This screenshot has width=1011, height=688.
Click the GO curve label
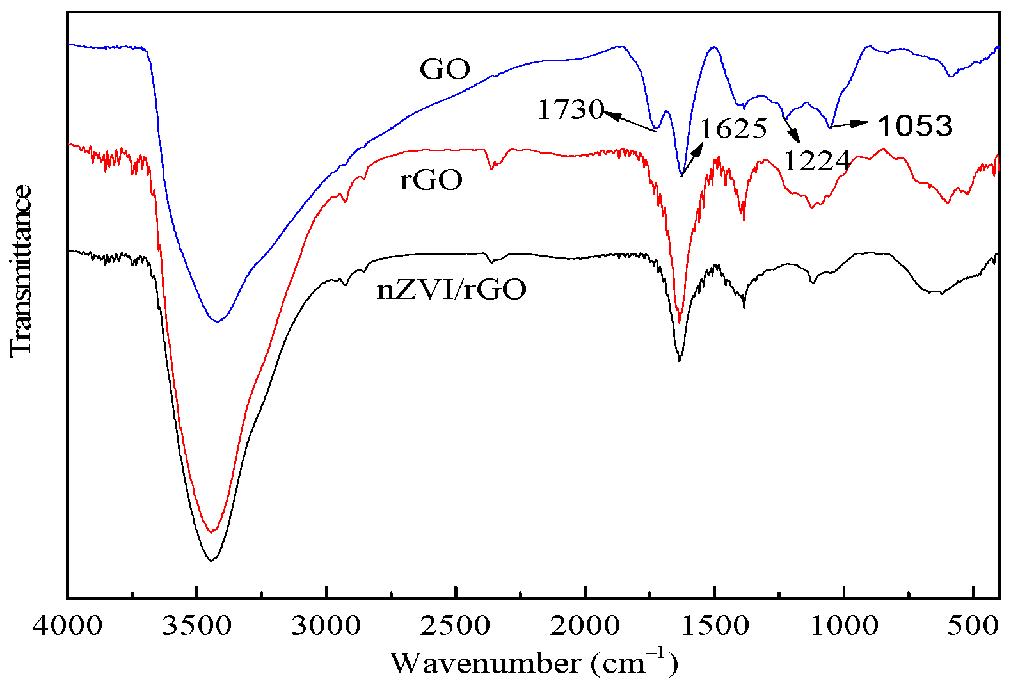[x=445, y=69]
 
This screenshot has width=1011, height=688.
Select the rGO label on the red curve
[x=431, y=180]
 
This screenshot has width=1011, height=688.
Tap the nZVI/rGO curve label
[x=452, y=290]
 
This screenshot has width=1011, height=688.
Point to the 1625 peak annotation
[x=733, y=129]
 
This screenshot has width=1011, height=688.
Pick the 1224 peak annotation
[x=816, y=161]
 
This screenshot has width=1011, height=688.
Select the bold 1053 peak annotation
[x=915, y=126]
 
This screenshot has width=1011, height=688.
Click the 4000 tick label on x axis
[x=68, y=625]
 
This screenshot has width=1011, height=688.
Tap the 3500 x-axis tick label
[x=197, y=625]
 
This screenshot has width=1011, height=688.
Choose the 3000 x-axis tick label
[x=326, y=625]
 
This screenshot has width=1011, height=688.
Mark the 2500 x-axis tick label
[x=456, y=625]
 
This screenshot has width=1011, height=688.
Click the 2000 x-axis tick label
[x=585, y=625]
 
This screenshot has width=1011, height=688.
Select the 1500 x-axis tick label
[x=715, y=625]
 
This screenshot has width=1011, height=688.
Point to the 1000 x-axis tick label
[x=844, y=625]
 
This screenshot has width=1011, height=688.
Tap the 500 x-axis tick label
[x=973, y=625]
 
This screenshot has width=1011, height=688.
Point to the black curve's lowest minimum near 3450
[x=211, y=561]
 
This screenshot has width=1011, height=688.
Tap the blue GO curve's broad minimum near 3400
[x=218, y=321]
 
